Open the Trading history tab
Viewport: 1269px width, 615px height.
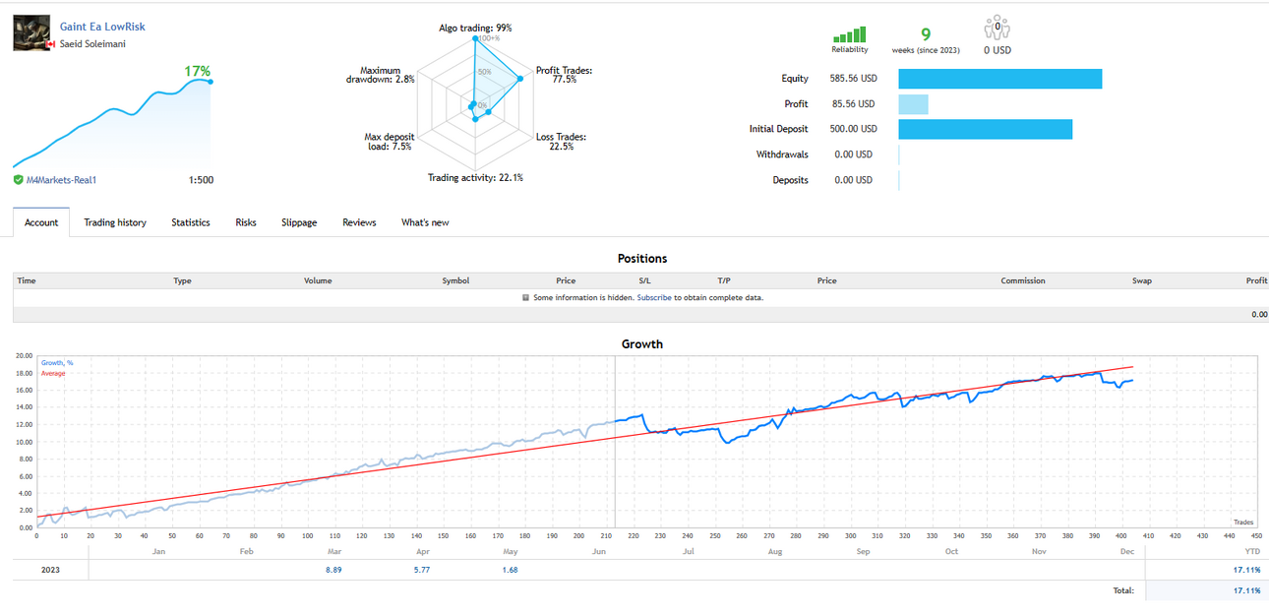coord(115,222)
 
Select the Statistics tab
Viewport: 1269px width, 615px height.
coord(191,222)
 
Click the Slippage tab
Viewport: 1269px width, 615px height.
coord(299,222)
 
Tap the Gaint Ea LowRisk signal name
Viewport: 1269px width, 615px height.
coord(102,27)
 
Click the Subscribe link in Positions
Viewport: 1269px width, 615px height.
coord(654,297)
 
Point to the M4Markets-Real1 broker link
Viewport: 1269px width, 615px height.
coord(61,180)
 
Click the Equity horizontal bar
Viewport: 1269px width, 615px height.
coord(999,79)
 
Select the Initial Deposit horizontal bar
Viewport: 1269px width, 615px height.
coord(985,129)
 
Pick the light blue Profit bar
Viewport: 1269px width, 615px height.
coord(913,104)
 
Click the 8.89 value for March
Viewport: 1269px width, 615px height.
coord(333,570)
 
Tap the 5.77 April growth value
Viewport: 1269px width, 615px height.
coord(422,570)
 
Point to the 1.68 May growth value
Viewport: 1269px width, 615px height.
coord(510,570)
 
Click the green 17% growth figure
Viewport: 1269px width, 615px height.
coord(197,71)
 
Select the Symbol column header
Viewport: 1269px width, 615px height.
coord(455,280)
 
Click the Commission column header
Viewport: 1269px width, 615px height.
coord(1022,280)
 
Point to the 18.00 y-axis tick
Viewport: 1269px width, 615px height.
coord(24,374)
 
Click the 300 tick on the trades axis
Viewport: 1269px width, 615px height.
coord(850,535)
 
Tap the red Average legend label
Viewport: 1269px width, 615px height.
coord(53,374)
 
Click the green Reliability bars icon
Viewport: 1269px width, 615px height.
coord(849,34)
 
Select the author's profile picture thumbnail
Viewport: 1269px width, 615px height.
coord(31,32)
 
